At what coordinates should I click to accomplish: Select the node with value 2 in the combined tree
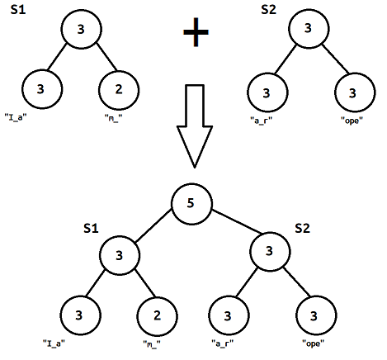coord(157,315)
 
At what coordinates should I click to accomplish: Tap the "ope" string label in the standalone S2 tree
coord(353,121)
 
